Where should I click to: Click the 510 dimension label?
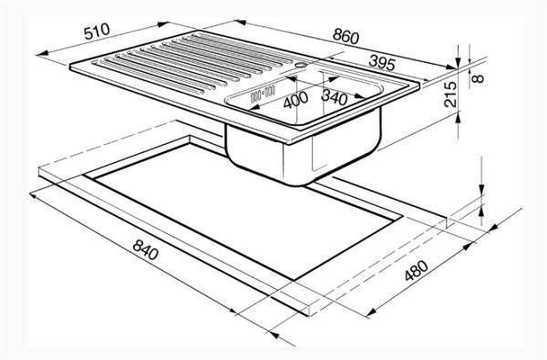(x=97, y=31)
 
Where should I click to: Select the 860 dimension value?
(x=346, y=36)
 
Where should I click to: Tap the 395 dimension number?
(x=382, y=63)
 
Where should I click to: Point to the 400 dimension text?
(x=295, y=99)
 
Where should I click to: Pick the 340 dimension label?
(x=335, y=98)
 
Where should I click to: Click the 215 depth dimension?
(x=450, y=94)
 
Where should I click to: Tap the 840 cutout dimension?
(x=146, y=250)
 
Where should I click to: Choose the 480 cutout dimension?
(x=417, y=271)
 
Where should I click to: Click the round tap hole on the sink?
(x=300, y=65)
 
